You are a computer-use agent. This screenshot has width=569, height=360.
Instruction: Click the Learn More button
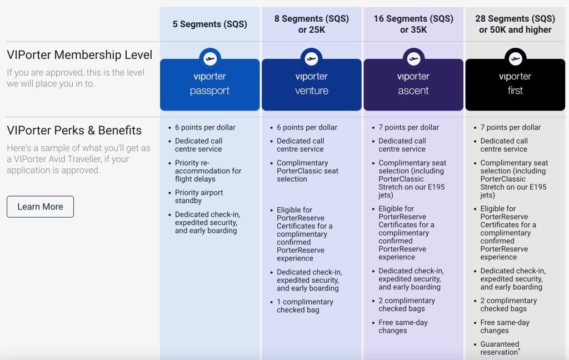click(40, 207)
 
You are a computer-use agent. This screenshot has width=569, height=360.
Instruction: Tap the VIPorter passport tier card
click(209, 84)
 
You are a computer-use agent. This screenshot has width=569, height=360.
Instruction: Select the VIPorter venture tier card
click(311, 84)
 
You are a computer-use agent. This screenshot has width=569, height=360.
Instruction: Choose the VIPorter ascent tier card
click(413, 84)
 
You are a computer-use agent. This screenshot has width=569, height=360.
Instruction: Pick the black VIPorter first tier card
click(515, 84)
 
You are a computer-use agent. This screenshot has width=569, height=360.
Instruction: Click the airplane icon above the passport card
click(209, 58)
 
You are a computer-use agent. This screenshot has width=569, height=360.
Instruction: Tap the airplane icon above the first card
click(515, 58)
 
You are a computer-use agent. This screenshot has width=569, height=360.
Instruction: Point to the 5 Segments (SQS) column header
click(209, 24)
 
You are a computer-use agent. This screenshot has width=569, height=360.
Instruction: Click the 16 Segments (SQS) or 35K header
click(413, 24)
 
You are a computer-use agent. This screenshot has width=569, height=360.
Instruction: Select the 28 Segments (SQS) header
click(515, 24)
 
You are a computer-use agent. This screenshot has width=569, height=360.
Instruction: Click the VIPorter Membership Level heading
click(79, 55)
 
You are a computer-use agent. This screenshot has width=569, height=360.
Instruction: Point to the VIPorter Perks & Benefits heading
click(74, 131)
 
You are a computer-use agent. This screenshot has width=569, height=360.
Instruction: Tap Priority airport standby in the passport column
click(199, 197)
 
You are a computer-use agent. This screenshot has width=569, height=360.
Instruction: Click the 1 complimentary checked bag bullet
click(305, 306)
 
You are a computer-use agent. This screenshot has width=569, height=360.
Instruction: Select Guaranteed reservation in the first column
click(500, 348)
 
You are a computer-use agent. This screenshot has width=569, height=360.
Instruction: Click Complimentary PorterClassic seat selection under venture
click(307, 171)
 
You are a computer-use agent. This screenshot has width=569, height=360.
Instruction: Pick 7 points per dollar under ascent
click(408, 127)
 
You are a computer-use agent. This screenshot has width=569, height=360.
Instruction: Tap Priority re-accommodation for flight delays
click(208, 171)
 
